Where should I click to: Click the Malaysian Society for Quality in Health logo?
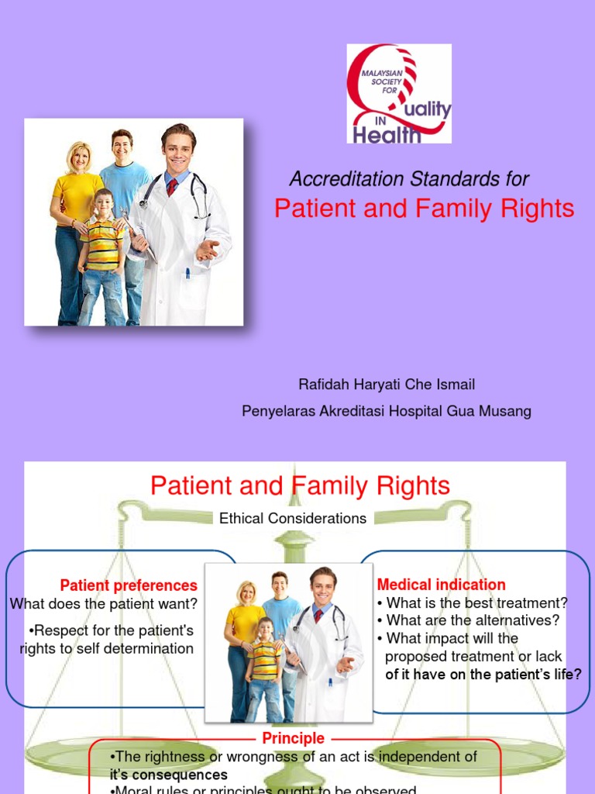(x=398, y=94)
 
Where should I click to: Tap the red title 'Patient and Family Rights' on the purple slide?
(x=425, y=209)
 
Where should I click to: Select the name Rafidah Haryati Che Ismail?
(x=387, y=384)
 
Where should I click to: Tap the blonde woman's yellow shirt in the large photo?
(x=78, y=198)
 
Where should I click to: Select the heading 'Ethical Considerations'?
(x=293, y=519)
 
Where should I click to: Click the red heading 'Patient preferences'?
(x=129, y=585)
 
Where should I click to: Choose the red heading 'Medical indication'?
(x=441, y=585)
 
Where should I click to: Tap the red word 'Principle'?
(x=293, y=738)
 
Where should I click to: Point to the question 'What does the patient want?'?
(x=104, y=603)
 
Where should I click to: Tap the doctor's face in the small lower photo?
(x=322, y=587)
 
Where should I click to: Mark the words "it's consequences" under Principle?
(x=168, y=775)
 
